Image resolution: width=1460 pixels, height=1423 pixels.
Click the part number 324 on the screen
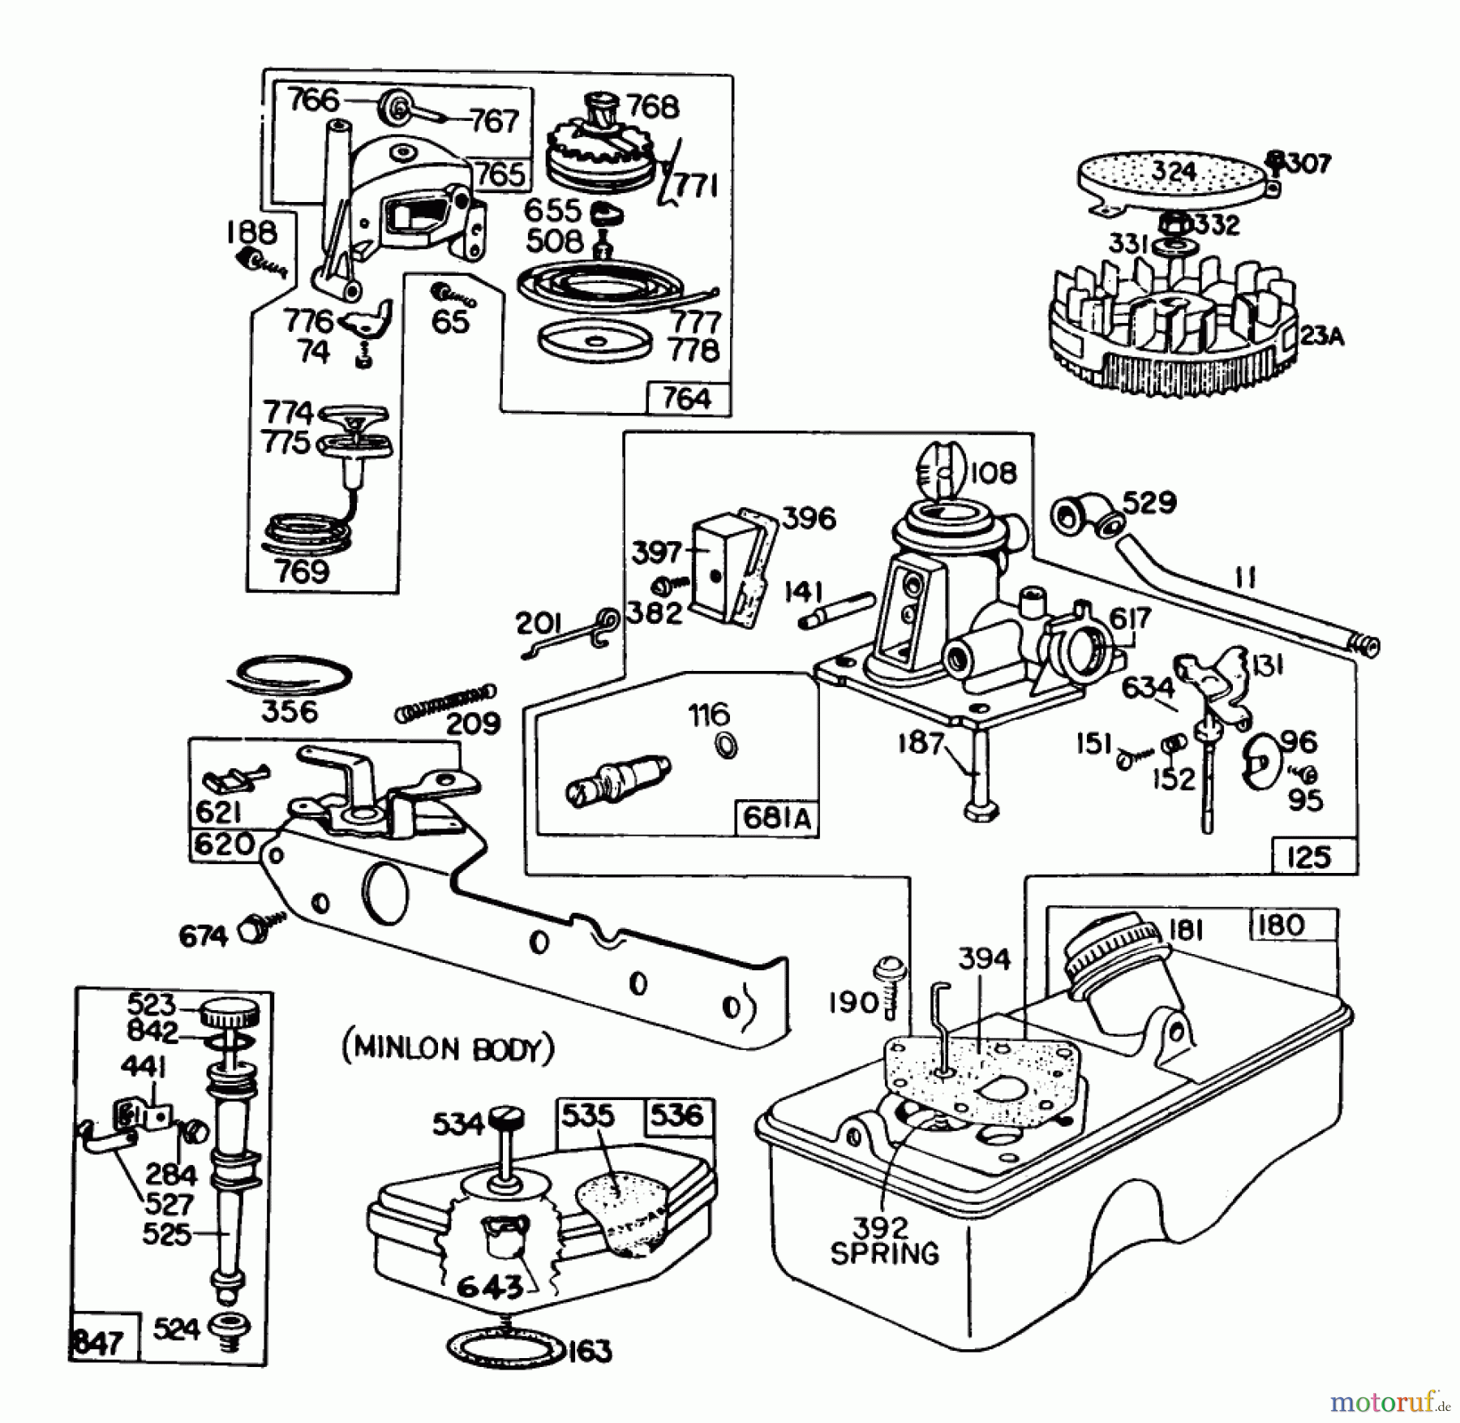click(1174, 172)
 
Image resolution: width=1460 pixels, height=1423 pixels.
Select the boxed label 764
click(686, 399)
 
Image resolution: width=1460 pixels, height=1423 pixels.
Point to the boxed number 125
click(1309, 857)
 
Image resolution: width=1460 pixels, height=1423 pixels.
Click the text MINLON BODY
click(449, 1049)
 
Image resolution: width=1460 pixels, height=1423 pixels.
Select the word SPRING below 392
click(884, 1253)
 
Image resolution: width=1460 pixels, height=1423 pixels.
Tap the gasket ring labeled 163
click(505, 1349)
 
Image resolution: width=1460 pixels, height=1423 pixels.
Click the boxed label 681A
click(776, 818)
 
